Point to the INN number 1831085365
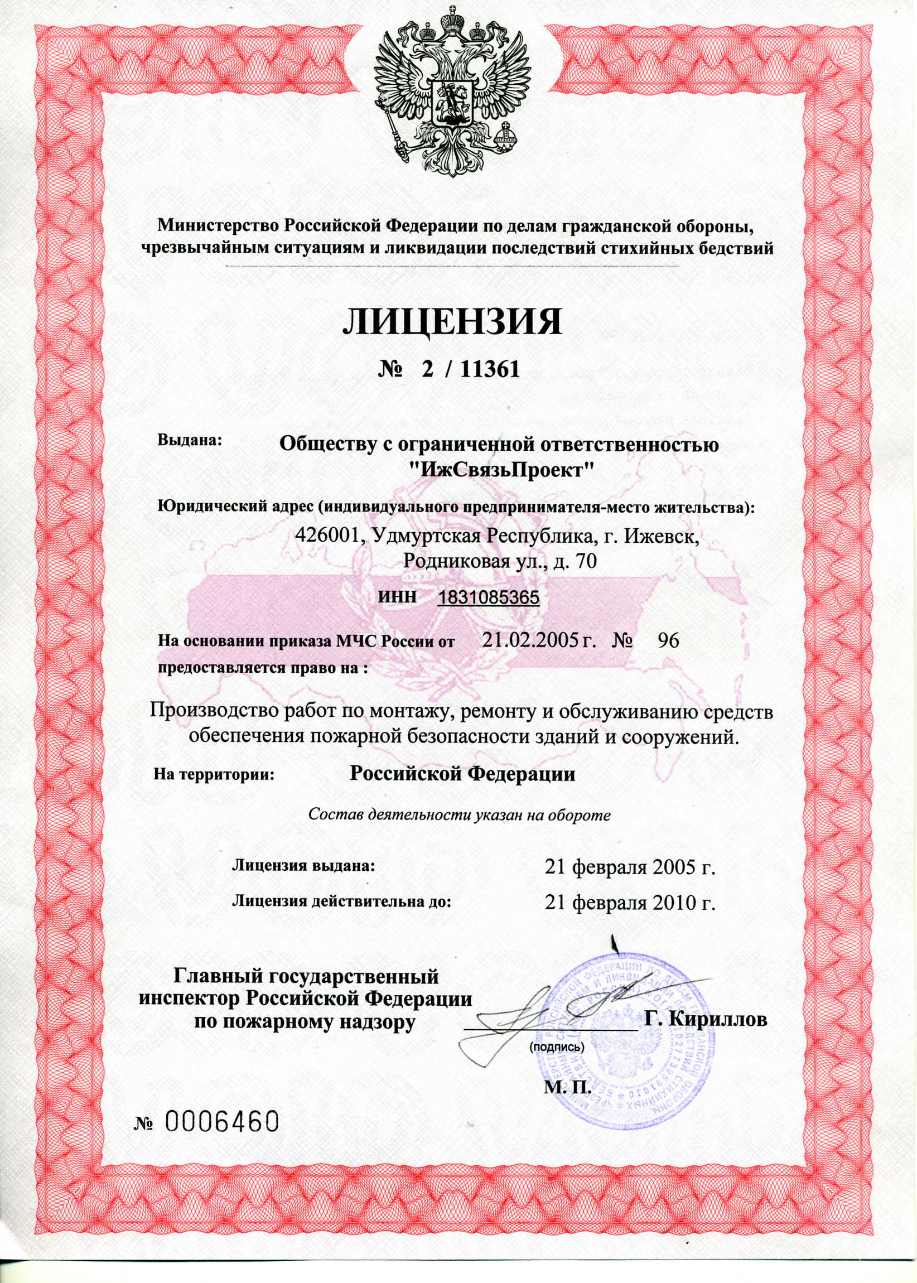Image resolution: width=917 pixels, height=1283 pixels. pos(489,597)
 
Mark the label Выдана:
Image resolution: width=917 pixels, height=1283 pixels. pos(191,439)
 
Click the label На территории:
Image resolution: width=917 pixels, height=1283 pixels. pos(214,775)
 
